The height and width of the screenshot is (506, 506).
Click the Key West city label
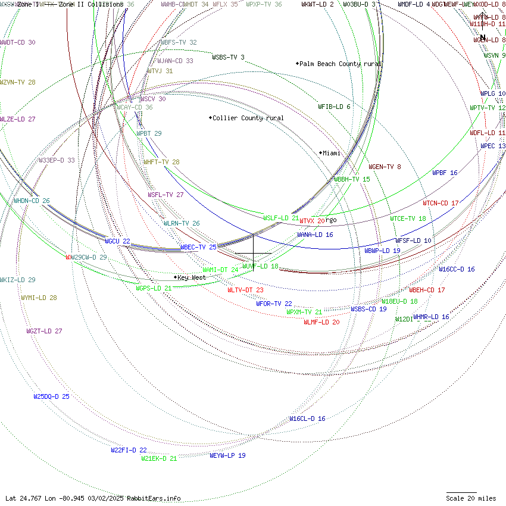coord(192,277)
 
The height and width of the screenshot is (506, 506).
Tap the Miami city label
coord(332,153)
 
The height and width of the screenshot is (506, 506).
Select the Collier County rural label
coord(248,118)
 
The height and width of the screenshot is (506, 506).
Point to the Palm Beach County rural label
coord(340,64)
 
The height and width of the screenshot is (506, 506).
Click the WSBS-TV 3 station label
coord(228,57)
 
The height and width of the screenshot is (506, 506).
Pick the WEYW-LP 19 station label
coord(227,455)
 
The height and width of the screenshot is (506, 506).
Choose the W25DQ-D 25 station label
coord(51,396)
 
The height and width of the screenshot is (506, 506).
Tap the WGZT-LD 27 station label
coord(44,331)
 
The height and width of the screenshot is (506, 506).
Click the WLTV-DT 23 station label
coord(245,290)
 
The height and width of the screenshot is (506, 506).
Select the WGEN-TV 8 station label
coord(385,167)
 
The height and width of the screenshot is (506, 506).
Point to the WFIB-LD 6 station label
coord(334,107)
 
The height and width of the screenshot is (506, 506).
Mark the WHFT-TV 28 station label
coord(161,162)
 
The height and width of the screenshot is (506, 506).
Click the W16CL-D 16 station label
coord(307,418)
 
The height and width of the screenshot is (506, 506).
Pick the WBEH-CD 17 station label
coord(427,290)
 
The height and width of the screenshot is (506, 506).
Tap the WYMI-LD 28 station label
coord(39,298)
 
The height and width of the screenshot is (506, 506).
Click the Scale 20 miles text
coord(471,498)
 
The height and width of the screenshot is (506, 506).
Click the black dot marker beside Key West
coord(175,277)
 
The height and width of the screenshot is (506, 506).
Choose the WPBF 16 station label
coord(445,173)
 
